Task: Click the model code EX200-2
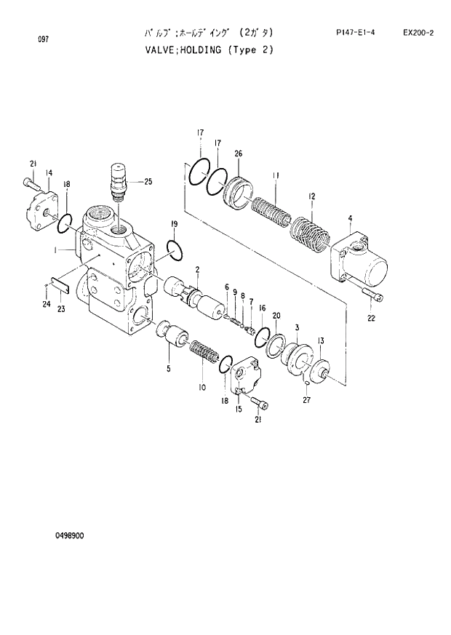point(418,33)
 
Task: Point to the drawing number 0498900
point(69,535)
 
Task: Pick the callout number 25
point(148,181)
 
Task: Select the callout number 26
point(238,153)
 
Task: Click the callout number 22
point(372,317)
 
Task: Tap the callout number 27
point(306,399)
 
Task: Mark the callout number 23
point(61,309)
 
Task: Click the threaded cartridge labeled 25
point(116,180)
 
